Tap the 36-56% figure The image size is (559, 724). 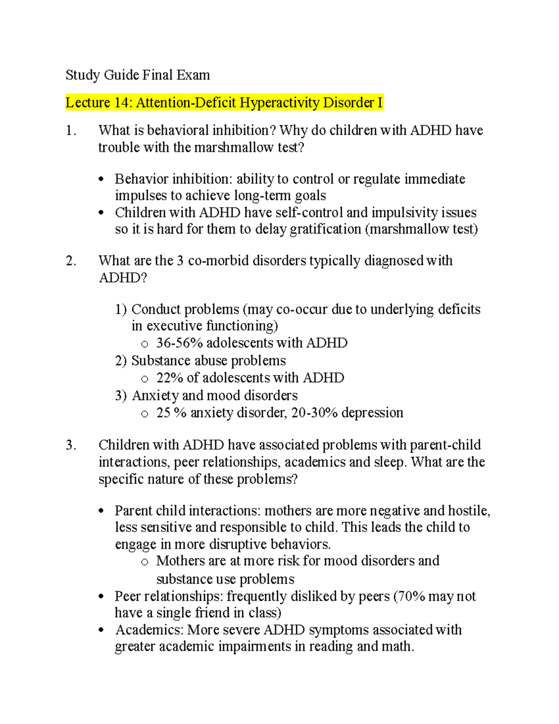click(x=179, y=343)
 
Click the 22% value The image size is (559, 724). click(x=170, y=378)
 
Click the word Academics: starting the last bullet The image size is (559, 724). click(x=149, y=630)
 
